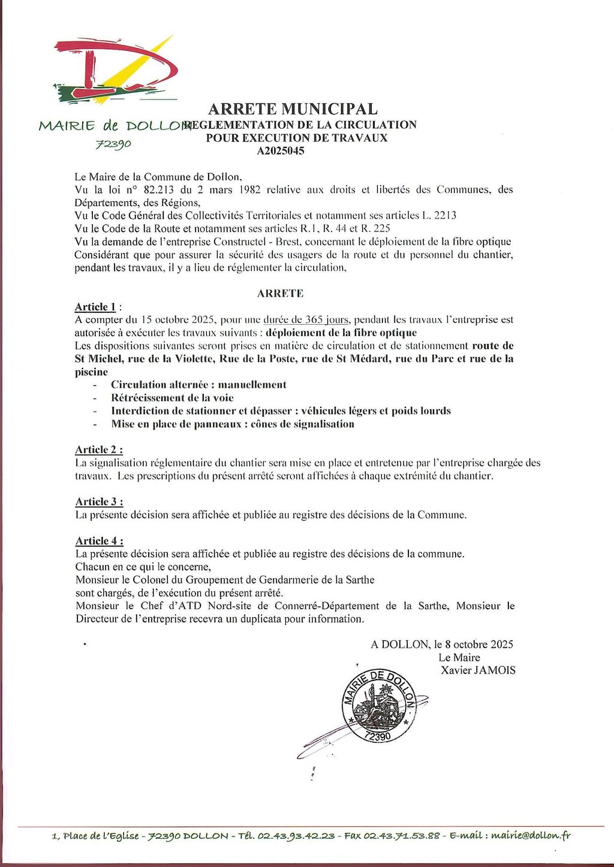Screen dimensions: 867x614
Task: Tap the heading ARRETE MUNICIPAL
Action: pyautogui.click(x=293, y=109)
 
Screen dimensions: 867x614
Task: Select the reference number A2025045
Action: pyautogui.click(x=281, y=151)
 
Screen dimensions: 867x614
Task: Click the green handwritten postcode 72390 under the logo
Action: pyautogui.click(x=113, y=143)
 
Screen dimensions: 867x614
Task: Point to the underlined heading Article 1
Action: pyautogui.click(x=95, y=307)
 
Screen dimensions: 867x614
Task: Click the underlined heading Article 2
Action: pyautogui.click(x=99, y=449)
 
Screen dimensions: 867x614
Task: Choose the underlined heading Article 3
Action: pyautogui.click(x=99, y=502)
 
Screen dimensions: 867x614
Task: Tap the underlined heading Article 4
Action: pyautogui.click(x=99, y=540)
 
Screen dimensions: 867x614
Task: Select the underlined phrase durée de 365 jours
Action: pyautogui.click(x=306, y=319)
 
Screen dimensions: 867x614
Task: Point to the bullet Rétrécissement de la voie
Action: pyautogui.click(x=172, y=398)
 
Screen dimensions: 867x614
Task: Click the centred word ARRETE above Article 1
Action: pyautogui.click(x=280, y=294)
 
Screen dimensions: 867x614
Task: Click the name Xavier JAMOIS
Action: pyautogui.click(x=478, y=670)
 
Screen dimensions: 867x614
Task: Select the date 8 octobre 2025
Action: pyautogui.click(x=479, y=644)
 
